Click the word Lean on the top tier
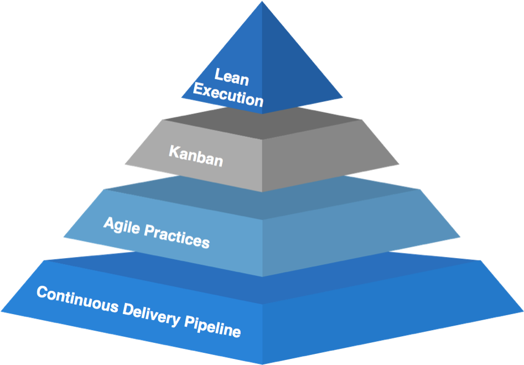pyautogui.click(x=231, y=77)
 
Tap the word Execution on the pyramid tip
pyautogui.click(x=228, y=95)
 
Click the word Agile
pyautogui.click(x=122, y=226)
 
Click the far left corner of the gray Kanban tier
pyautogui.click(x=125, y=164)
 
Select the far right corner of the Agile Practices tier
pyautogui.click(x=460, y=237)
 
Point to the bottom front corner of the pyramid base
pyautogui.click(x=262, y=363)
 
